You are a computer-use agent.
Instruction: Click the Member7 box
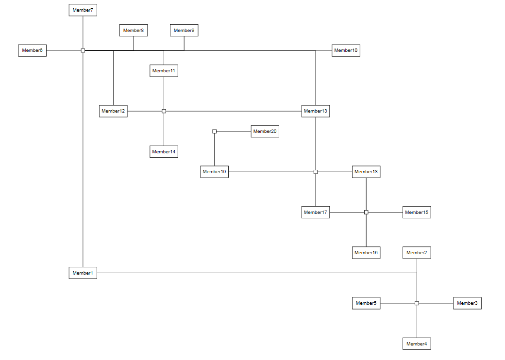tap(83, 10)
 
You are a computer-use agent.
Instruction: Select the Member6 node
tap(32, 50)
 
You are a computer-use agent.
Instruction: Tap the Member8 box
tap(134, 30)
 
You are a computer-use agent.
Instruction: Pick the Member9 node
tap(184, 30)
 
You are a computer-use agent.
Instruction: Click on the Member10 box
tap(346, 50)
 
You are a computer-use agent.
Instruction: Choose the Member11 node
tap(164, 71)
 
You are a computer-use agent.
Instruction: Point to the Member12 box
tap(113, 111)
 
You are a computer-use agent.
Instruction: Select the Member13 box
tap(315, 111)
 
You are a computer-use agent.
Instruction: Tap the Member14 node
tap(164, 151)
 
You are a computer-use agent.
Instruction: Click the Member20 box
tap(265, 131)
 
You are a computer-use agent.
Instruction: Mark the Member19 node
tap(214, 172)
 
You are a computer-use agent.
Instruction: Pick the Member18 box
tap(366, 172)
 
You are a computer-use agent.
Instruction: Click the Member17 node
tap(315, 213)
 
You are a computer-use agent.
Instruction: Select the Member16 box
tap(366, 253)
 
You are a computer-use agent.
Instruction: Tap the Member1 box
tap(83, 273)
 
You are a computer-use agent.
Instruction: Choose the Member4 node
tap(417, 344)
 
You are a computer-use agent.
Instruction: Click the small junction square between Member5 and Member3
tap(417, 303)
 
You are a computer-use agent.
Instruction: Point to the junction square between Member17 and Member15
tap(366, 213)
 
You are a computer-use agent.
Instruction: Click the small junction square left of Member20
tap(214, 131)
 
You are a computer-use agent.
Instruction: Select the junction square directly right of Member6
tap(83, 50)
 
